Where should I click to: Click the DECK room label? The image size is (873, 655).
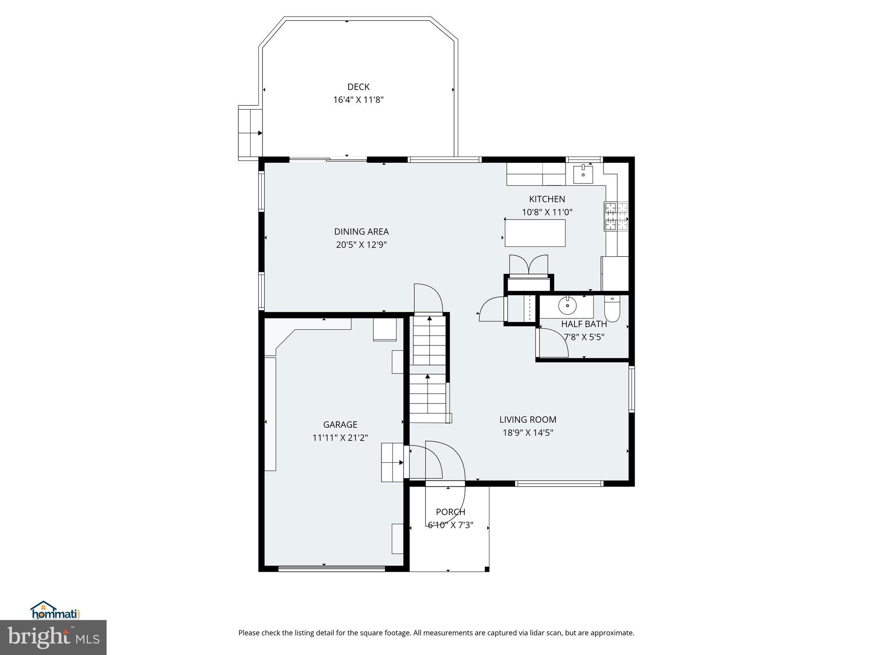[x=358, y=87]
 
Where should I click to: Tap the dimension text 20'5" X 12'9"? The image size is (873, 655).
[x=361, y=245]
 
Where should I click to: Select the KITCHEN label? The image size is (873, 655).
[x=547, y=199]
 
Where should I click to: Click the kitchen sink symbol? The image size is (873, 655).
[x=583, y=174]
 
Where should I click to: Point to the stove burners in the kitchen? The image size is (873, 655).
[x=616, y=216]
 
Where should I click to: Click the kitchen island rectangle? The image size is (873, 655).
[x=535, y=233]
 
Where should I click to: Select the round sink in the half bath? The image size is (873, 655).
[x=567, y=305]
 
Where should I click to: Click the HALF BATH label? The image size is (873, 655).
[x=584, y=324]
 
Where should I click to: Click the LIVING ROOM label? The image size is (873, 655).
[x=528, y=420]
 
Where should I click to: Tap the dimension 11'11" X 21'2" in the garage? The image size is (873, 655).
[x=340, y=438]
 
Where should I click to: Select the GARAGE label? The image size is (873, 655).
[x=340, y=425]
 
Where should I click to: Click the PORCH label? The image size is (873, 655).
[x=450, y=512]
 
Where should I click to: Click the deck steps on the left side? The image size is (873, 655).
[x=250, y=133]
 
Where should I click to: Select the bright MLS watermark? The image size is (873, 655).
[x=53, y=637]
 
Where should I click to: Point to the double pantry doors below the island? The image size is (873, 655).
[x=529, y=264]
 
